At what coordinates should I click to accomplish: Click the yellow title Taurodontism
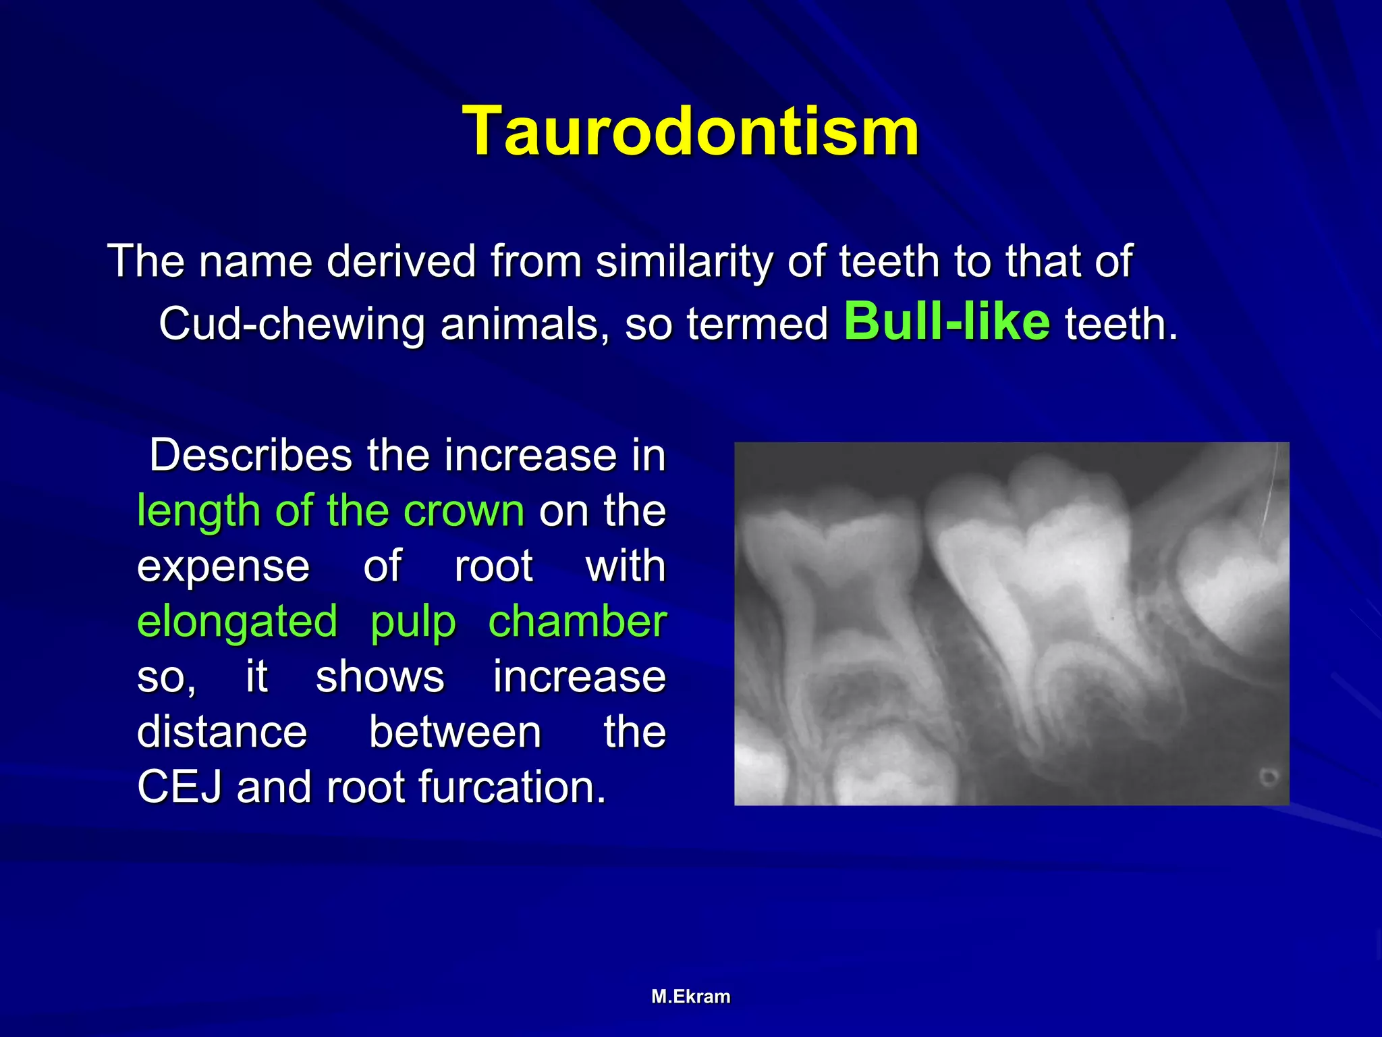[690, 131]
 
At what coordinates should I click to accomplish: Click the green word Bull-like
[947, 321]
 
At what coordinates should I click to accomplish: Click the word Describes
[250, 455]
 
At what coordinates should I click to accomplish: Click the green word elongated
[237, 622]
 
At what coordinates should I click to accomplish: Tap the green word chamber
[577, 622]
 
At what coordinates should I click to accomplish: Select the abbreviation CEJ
[179, 787]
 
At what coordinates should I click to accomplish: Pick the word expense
[223, 566]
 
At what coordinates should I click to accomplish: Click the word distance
[222, 732]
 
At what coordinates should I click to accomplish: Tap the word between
[455, 732]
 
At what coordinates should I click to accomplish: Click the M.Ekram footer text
[690, 996]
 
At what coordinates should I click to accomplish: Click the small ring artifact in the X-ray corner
[1269, 777]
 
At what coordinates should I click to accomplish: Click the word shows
[380, 677]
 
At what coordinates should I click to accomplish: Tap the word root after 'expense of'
[493, 566]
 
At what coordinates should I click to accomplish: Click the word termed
[757, 324]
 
